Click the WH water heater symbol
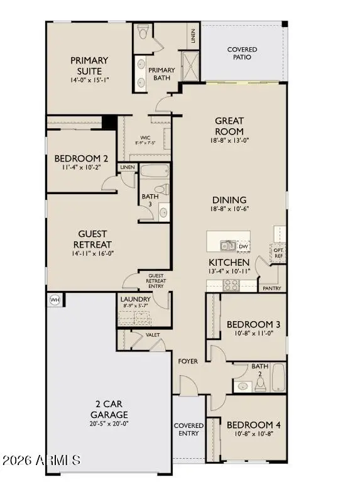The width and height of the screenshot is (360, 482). click(54, 300)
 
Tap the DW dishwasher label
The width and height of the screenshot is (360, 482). click(243, 246)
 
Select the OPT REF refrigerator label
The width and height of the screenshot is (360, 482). click(279, 253)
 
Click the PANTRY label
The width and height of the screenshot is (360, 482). click(271, 288)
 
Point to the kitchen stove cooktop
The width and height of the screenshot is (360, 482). click(231, 285)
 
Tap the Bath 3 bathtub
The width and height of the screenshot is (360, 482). click(155, 172)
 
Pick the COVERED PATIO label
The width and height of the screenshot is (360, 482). click(242, 53)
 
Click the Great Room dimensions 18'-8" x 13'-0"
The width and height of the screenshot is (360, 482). click(229, 141)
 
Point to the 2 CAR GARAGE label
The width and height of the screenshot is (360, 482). click(108, 410)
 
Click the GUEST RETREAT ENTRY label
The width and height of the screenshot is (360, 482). click(155, 280)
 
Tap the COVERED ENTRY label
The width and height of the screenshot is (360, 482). click(188, 429)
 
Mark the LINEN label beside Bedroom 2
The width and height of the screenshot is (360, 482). click(128, 167)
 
